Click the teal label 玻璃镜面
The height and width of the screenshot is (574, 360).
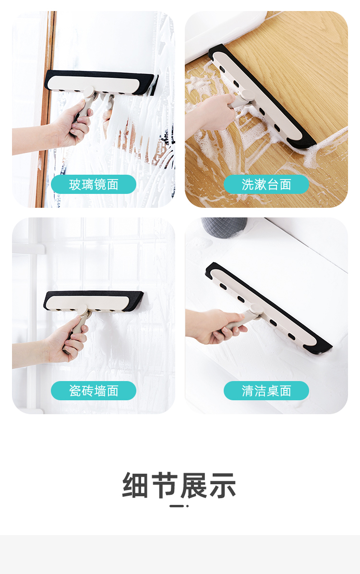[94, 184]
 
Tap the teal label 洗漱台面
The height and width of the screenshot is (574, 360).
[266, 184]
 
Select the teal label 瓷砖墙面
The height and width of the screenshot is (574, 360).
[94, 391]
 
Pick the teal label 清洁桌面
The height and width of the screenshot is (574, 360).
[266, 391]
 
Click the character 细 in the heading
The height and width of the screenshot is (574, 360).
[135, 485]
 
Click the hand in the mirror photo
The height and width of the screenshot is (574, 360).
[73, 123]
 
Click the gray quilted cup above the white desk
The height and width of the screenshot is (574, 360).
[224, 227]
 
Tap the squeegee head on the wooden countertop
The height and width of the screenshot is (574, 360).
[262, 97]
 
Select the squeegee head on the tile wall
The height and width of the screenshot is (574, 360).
[94, 301]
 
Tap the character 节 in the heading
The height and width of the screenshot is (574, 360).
[165, 485]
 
